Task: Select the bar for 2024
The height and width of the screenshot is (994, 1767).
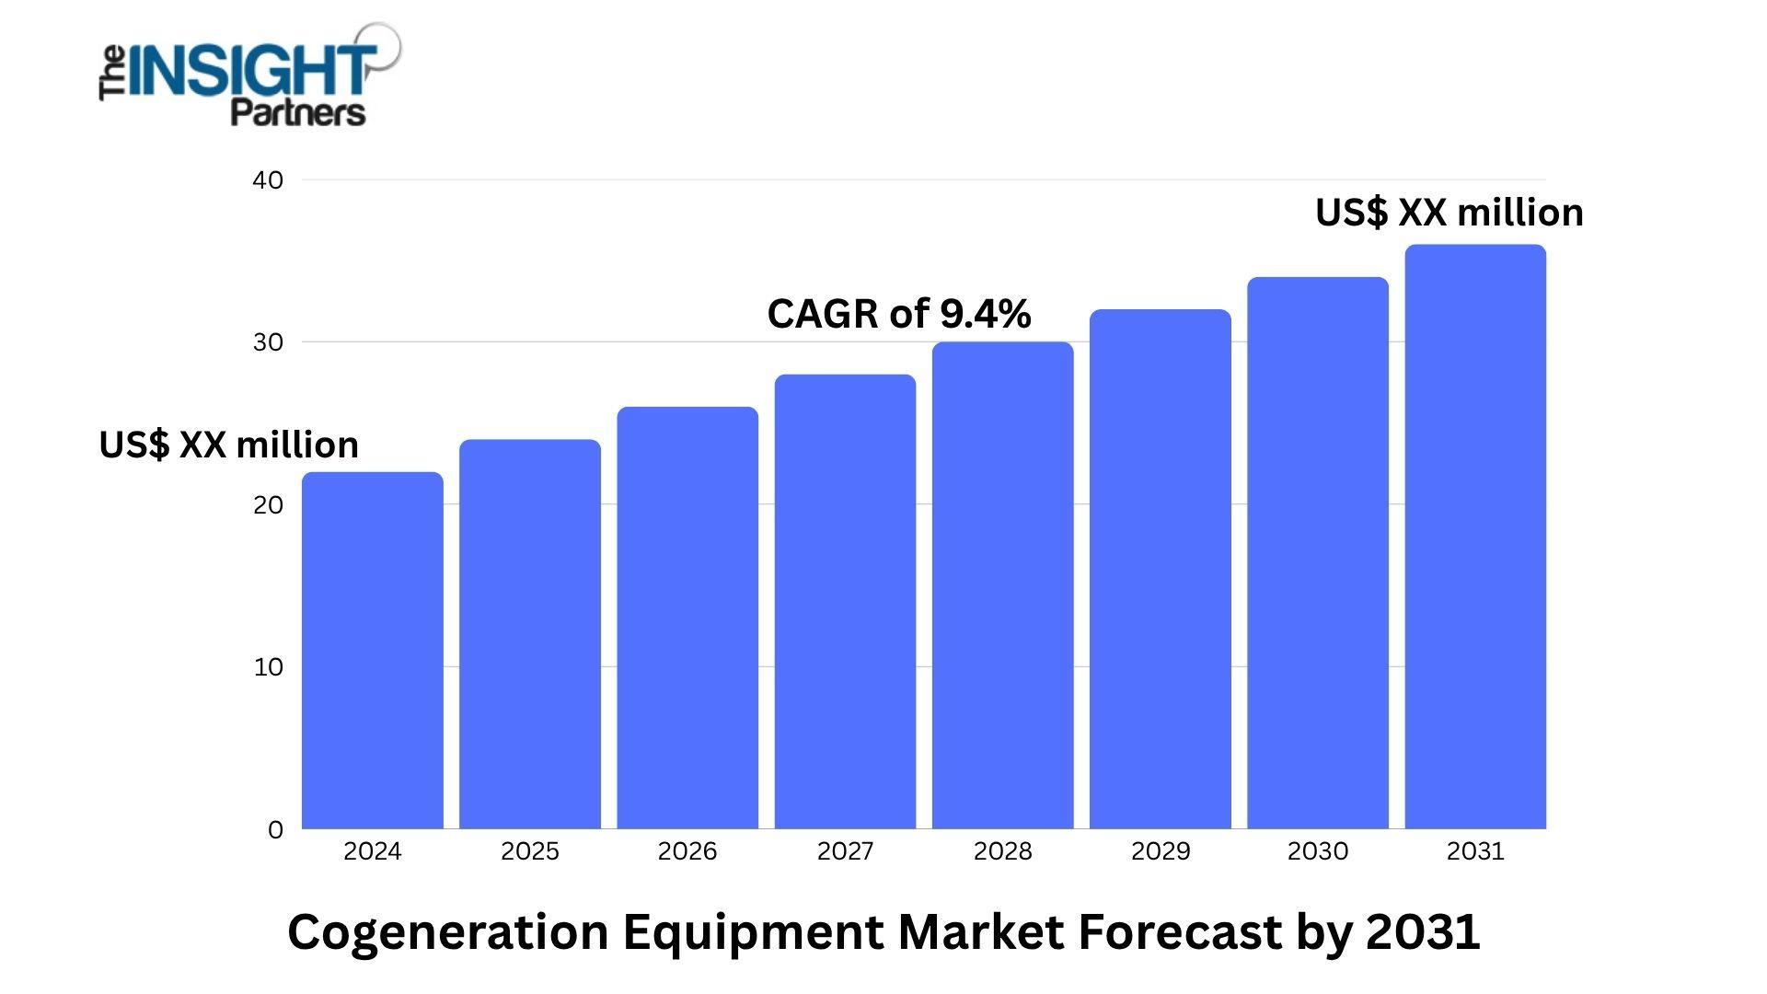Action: tap(373, 651)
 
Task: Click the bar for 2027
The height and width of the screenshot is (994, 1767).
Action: tap(845, 602)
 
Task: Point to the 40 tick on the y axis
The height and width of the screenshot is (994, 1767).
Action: tap(268, 180)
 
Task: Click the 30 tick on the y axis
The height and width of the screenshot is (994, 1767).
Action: tap(268, 342)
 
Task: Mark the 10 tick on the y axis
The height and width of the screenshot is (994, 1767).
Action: tap(268, 667)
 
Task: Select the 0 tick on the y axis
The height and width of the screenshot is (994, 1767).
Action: tap(275, 830)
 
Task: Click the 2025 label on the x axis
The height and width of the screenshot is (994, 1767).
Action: tap(530, 851)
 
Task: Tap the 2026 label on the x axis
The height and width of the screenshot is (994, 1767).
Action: tap(687, 851)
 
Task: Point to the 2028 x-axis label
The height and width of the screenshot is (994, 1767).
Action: tap(1002, 851)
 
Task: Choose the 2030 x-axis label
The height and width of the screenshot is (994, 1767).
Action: tap(1318, 851)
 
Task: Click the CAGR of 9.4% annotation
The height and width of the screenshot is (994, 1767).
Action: tap(899, 314)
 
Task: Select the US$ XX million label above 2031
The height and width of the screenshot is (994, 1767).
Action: tap(1449, 213)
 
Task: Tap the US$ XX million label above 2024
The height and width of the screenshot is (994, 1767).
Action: tap(228, 445)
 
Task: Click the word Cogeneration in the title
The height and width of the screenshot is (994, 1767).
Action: tap(448, 931)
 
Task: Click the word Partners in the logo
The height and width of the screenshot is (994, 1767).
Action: tap(297, 112)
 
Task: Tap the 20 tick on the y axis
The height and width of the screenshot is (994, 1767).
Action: tap(268, 505)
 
